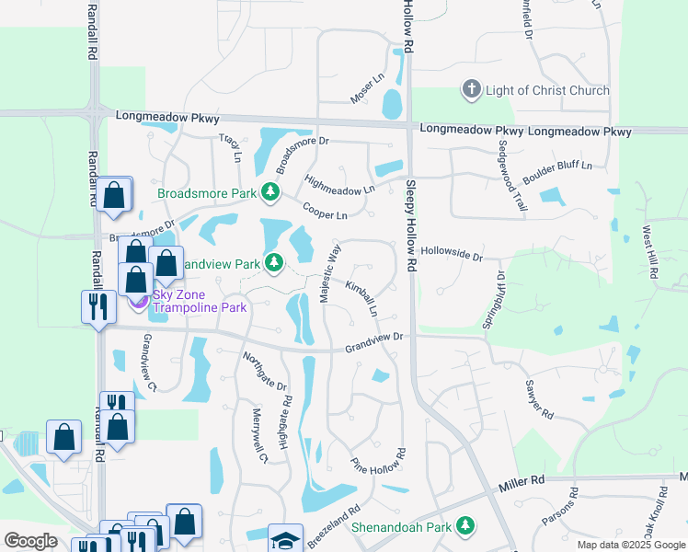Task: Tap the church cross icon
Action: pos(471,90)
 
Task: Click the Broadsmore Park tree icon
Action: pos(270,192)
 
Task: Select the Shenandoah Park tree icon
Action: pos(466,525)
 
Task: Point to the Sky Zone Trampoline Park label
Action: pos(199,301)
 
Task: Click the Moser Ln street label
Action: pos(366,89)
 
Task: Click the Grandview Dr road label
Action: pos(374,342)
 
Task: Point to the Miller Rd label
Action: pos(523,482)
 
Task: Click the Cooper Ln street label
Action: pos(325,210)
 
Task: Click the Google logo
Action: pos(30,541)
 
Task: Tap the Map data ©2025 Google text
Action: pos(630,545)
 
